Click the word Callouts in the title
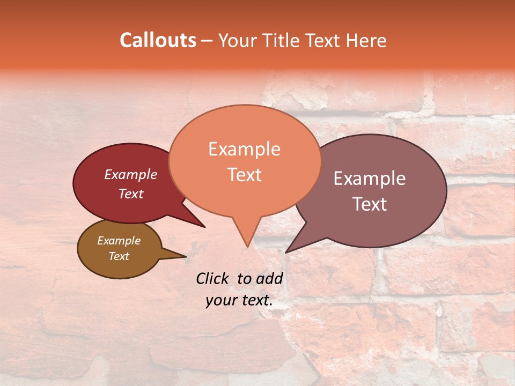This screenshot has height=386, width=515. point(158,40)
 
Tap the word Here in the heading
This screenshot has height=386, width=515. point(366,40)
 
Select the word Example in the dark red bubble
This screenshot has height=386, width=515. point(131,174)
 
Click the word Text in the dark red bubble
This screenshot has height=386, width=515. point(131,194)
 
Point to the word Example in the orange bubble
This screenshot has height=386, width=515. point(245,149)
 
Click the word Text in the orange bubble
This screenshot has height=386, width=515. point(245,175)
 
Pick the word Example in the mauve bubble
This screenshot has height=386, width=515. point(370,179)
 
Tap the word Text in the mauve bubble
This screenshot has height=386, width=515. point(370,204)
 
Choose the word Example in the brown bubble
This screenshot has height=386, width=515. point(119,241)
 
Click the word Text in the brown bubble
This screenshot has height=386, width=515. point(119,256)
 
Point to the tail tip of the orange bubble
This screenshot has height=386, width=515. point(247,246)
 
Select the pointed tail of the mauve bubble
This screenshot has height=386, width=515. point(288,251)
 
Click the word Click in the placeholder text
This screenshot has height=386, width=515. point(214,278)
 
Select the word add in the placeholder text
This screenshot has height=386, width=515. point(270,278)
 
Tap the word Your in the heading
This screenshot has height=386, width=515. point(238,40)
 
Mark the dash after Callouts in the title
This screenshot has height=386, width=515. point(207,40)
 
